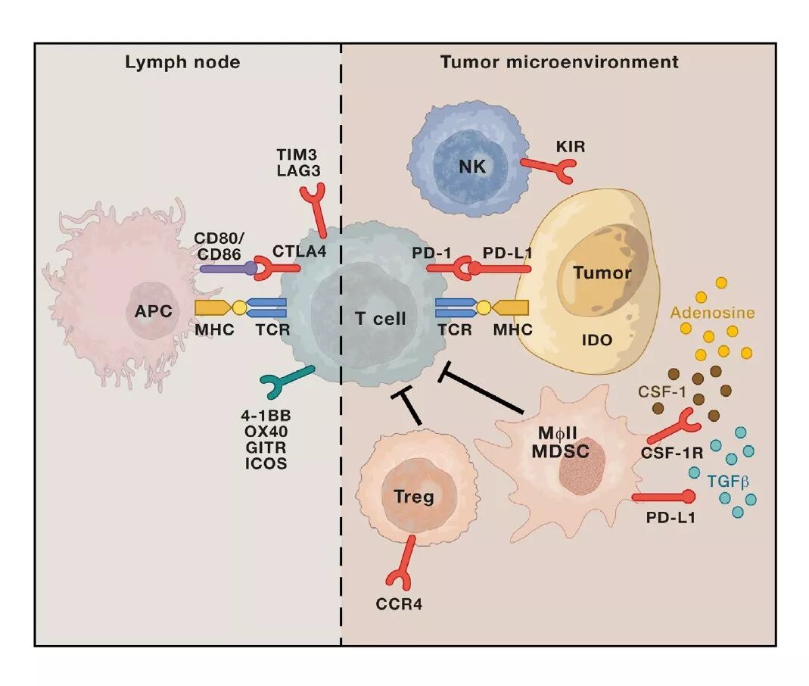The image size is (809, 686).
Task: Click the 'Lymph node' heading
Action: click(182, 62)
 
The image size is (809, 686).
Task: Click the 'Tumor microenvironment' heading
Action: click(559, 62)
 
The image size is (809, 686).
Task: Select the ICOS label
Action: click(265, 463)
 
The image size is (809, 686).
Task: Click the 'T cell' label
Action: click(381, 319)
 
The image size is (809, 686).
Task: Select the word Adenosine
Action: click(712, 312)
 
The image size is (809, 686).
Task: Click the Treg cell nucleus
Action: click(414, 497)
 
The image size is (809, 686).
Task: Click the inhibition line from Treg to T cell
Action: click(409, 408)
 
